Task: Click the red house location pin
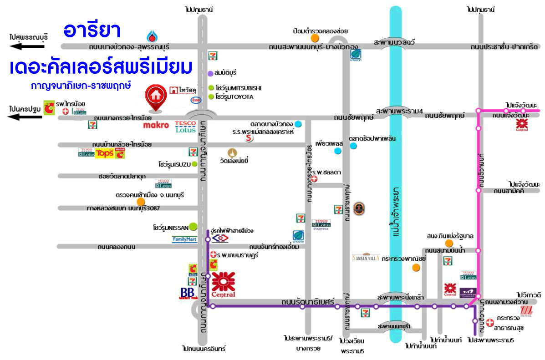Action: (x=155, y=96)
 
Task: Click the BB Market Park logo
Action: (x=187, y=293)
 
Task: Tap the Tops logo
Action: (x=105, y=153)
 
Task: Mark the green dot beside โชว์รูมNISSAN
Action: (x=193, y=226)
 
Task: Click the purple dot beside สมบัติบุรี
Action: (x=210, y=73)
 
